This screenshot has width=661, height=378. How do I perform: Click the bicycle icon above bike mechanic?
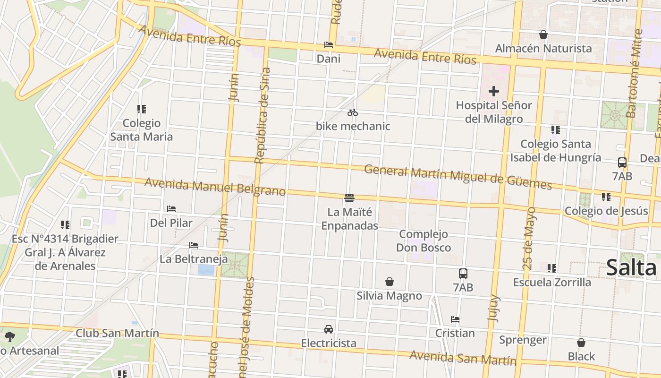tap(353, 112)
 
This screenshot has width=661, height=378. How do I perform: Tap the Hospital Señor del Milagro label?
tap(494, 112)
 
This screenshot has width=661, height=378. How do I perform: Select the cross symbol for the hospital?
tap(494, 91)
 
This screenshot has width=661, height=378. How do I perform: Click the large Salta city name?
tap(631, 267)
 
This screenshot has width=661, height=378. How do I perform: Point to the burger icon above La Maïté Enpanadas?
tap(349, 198)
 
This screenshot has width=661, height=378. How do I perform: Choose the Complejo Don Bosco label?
tap(423, 241)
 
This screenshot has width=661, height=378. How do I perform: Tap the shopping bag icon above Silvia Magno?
tap(390, 282)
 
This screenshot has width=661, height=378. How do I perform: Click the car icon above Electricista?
tap(329, 329)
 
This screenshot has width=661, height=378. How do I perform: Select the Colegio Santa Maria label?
tap(142, 130)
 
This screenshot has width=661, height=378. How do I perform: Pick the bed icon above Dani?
tap(329, 45)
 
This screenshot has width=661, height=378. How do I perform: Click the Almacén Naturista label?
tap(543, 48)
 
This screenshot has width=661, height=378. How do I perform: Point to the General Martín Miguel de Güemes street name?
tap(458, 177)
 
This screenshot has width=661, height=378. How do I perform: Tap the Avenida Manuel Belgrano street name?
tap(215, 186)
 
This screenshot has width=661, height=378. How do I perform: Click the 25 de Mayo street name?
tap(530, 238)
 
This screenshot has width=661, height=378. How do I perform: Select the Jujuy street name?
tap(493, 308)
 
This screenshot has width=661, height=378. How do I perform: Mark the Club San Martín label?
tap(118, 333)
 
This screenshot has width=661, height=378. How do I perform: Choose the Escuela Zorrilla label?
tap(552, 282)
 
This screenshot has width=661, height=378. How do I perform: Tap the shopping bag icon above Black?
tap(581, 343)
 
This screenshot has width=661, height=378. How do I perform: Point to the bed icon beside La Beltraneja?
tap(193, 245)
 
